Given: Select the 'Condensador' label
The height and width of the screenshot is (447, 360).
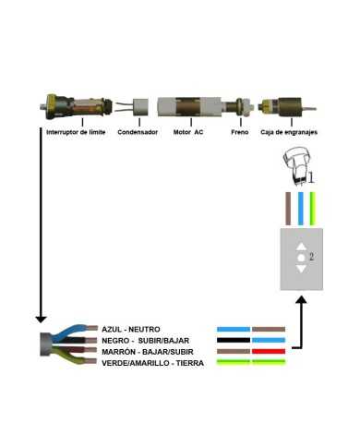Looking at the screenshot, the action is point(138,132).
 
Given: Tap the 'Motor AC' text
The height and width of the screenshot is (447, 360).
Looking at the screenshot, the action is point(188,132).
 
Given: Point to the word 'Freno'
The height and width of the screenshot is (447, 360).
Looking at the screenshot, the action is point(239,132).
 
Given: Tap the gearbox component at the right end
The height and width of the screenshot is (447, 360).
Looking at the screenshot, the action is point(281,107).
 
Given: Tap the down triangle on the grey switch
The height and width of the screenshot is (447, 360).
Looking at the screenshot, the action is point(300,269).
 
